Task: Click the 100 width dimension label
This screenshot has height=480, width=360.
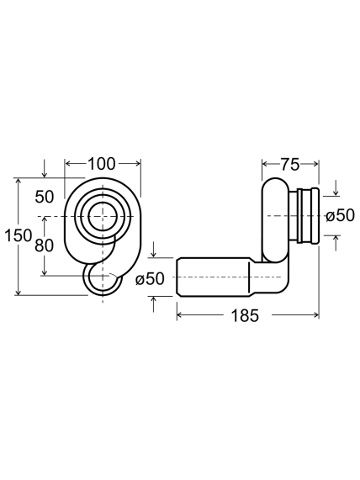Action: tap(102, 164)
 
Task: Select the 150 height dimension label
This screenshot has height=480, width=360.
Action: tap(19, 235)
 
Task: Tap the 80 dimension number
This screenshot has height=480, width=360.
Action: tap(44, 245)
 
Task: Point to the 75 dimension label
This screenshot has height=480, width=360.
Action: tap(290, 165)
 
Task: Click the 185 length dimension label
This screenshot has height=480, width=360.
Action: tap(245, 315)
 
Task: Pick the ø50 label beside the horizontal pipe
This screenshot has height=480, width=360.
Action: tap(150, 278)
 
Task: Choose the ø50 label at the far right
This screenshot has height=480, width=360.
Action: tap(340, 215)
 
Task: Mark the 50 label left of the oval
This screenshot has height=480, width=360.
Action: tap(45, 197)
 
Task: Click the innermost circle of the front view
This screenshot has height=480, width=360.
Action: tap(103, 217)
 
